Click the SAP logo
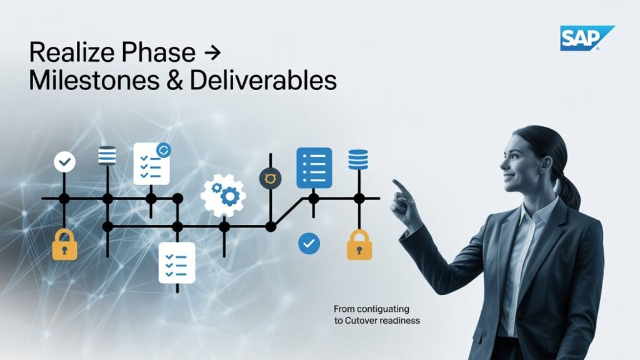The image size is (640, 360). [587, 38]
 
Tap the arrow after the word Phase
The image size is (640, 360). [212, 52]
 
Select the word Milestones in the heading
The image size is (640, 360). [94, 81]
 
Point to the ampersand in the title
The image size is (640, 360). [175, 81]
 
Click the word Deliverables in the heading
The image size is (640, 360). [263, 80]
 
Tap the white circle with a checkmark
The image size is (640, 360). [64, 162]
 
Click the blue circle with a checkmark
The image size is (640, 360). [309, 244]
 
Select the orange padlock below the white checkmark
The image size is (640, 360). [64, 244]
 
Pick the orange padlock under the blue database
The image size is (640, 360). [359, 245]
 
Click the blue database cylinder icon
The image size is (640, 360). [358, 159]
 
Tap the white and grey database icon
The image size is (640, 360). [107, 156]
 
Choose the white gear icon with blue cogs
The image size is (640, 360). [223, 195]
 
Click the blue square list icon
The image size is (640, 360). [314, 168]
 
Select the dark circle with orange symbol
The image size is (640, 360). [270, 178]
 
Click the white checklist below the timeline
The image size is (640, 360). [177, 263]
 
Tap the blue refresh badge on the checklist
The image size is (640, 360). [164, 150]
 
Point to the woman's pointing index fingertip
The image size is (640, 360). [394, 181]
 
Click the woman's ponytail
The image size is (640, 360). [569, 192]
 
